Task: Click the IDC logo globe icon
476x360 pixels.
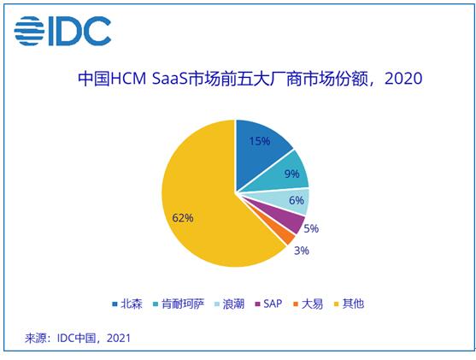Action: point(29,31)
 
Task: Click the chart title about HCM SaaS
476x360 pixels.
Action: point(250,79)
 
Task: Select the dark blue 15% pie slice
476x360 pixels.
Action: point(260,149)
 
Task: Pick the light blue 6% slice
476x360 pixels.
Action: point(288,200)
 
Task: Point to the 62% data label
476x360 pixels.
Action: point(183,218)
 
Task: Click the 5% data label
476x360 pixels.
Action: point(311,228)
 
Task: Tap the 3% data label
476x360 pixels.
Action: point(302,251)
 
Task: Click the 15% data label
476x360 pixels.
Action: point(260,141)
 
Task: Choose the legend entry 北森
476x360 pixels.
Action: point(127,304)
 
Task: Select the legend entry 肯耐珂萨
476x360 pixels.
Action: point(179,304)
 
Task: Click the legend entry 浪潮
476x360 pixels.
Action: point(229,304)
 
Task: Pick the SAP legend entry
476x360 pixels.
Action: point(268,304)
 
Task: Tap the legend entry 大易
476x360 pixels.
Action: point(309,304)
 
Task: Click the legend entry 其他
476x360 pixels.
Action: point(349,304)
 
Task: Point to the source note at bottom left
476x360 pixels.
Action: point(78,338)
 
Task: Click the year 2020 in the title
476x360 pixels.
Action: point(403,79)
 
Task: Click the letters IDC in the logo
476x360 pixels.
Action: point(79,31)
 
